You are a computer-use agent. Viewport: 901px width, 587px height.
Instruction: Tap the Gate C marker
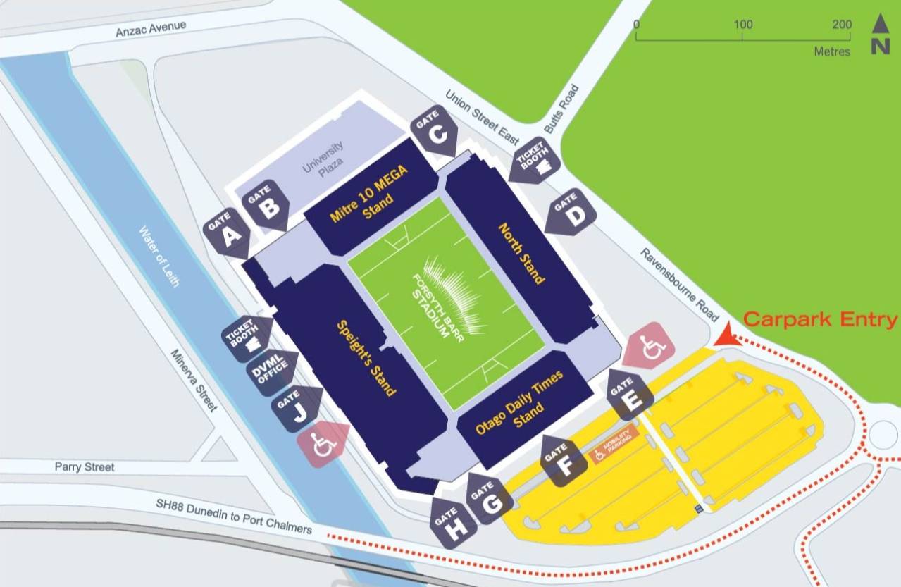click(437, 134)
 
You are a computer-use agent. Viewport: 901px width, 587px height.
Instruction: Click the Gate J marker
click(299, 408)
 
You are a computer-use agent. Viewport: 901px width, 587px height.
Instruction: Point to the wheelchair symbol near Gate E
click(649, 345)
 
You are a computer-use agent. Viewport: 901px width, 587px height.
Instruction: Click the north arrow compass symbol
click(880, 34)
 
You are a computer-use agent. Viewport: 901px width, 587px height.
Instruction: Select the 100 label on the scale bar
click(742, 25)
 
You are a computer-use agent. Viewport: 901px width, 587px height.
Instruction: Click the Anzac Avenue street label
click(151, 30)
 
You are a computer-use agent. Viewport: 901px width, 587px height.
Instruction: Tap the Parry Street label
click(85, 466)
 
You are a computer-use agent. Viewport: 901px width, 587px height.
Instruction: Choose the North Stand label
click(522, 254)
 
